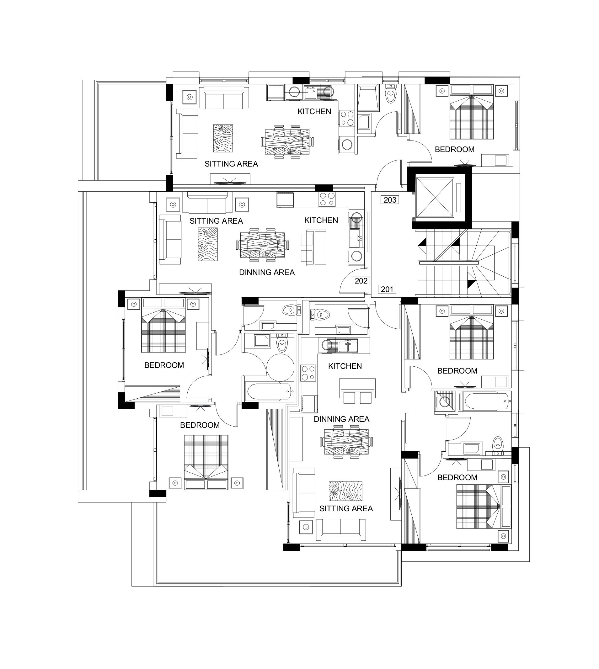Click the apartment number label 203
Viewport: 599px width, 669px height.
tap(390, 200)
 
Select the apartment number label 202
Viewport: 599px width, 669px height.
tap(361, 281)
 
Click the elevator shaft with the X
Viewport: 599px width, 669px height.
tap(435, 197)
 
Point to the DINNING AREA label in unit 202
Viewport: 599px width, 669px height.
tap(267, 272)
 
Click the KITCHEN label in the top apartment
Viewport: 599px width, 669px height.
tap(314, 112)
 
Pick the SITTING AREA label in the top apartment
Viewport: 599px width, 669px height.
tap(231, 164)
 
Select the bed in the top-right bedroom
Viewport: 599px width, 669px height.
tap(472, 112)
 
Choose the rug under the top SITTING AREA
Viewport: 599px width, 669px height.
tap(223, 138)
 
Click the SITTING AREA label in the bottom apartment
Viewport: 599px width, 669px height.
tap(346, 508)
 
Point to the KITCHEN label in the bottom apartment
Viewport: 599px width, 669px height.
tap(345, 366)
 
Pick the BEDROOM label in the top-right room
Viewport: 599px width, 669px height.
tap(455, 149)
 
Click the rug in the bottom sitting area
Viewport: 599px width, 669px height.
tap(345, 491)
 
